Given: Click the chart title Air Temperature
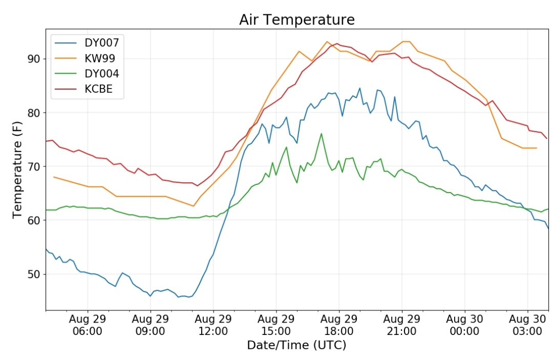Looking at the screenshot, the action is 296,20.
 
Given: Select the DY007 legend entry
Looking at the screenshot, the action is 87,43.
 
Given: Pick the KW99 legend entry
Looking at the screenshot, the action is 84,58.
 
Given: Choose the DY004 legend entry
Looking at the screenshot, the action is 87,74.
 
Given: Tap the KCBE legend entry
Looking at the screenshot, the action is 83,89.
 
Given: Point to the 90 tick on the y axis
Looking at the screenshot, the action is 34,59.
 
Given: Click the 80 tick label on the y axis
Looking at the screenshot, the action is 34,113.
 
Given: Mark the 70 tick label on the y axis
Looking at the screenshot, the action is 34,166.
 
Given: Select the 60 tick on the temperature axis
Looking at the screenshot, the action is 34,220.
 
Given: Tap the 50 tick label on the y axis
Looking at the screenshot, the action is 34,274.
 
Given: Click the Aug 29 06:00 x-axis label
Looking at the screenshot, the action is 88,325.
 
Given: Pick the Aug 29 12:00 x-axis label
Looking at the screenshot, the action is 213,325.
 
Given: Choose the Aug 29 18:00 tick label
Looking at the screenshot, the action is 339,325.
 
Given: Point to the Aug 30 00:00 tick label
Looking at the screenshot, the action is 464,325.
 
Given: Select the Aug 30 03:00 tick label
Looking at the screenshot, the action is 527,325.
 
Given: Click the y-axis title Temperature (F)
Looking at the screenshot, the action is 17,170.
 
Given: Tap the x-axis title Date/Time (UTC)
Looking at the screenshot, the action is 296,345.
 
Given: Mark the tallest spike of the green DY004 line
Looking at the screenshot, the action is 321,134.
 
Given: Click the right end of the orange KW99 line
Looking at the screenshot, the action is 537,148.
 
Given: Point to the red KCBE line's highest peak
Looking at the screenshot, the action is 337,44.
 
